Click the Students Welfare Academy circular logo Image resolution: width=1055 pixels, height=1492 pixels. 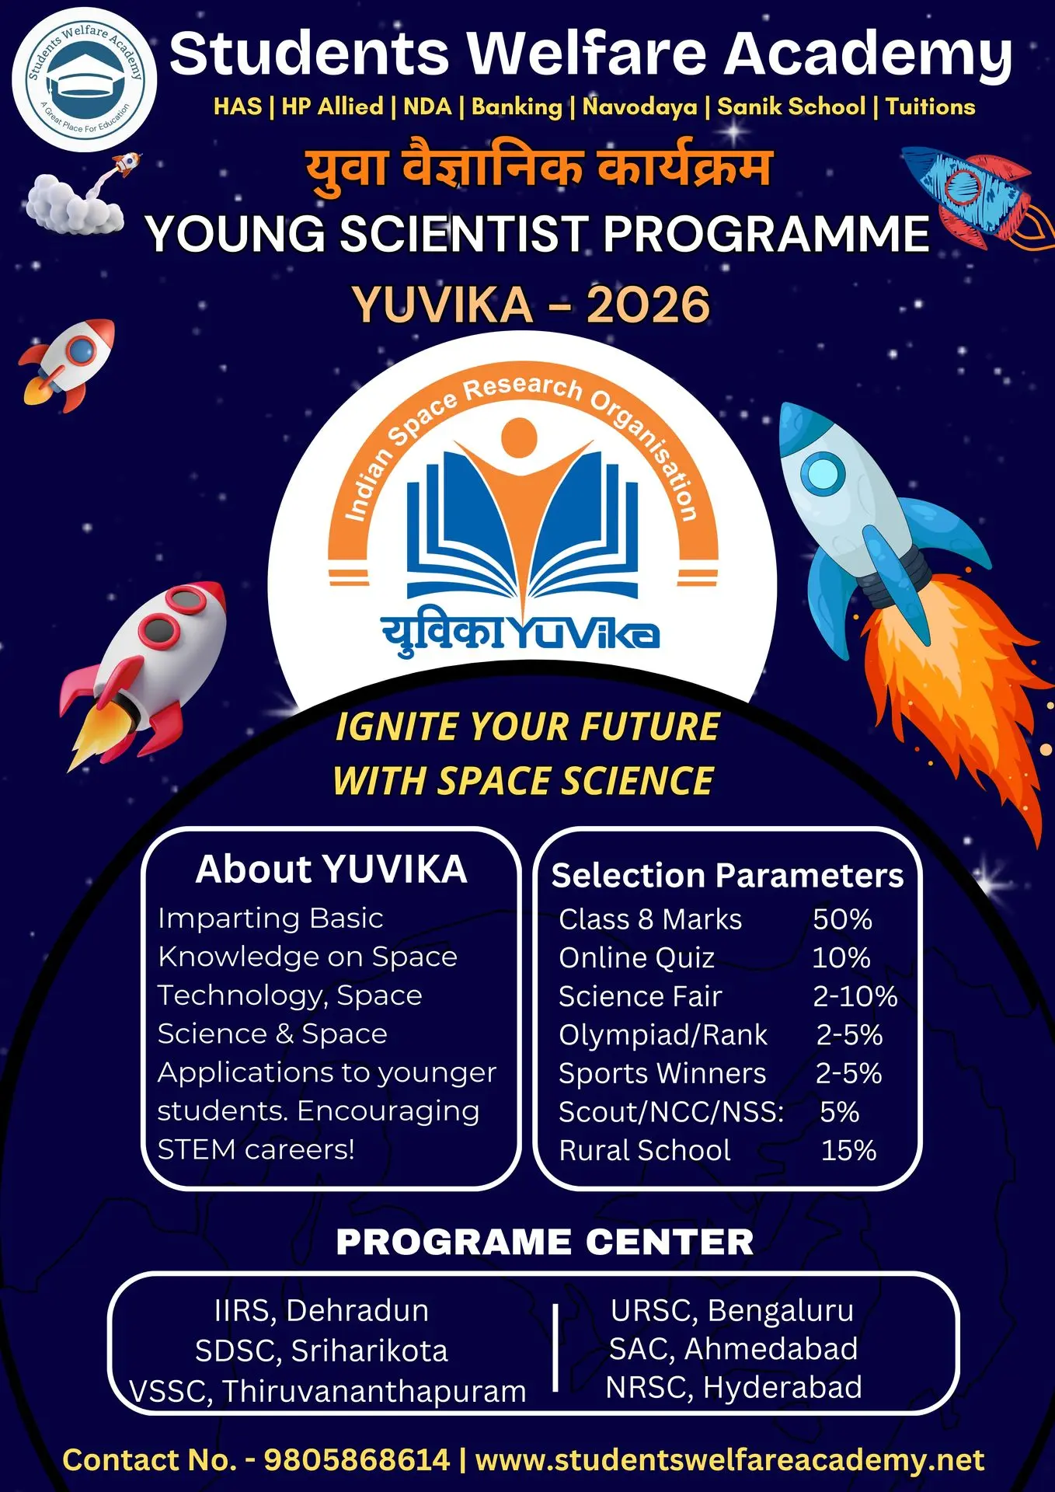pos(84,79)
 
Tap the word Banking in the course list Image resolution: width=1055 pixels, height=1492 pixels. pos(517,106)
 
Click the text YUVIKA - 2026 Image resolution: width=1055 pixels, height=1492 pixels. pos(531,304)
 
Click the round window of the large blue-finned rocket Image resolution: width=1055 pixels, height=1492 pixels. pos(822,473)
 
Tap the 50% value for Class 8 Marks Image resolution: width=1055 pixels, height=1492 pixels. pos(842,919)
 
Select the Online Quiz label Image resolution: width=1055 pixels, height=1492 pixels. pos(636,957)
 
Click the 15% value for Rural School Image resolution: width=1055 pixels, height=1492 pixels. pos(848,1150)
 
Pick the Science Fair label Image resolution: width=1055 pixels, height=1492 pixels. pos(640,996)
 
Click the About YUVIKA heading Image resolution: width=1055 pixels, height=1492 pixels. pos(332,869)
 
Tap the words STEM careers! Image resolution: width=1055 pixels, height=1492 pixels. pos(256,1149)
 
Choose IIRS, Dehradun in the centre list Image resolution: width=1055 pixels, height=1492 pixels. pos(322,1310)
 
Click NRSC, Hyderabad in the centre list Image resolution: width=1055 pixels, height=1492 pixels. pos(734,1387)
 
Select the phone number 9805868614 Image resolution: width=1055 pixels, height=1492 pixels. pos(357,1459)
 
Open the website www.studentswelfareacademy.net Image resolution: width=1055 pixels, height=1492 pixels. pos(730,1460)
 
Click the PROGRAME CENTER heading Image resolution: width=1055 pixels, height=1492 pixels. pos(545,1242)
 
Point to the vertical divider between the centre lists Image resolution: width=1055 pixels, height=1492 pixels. pos(555,1347)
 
